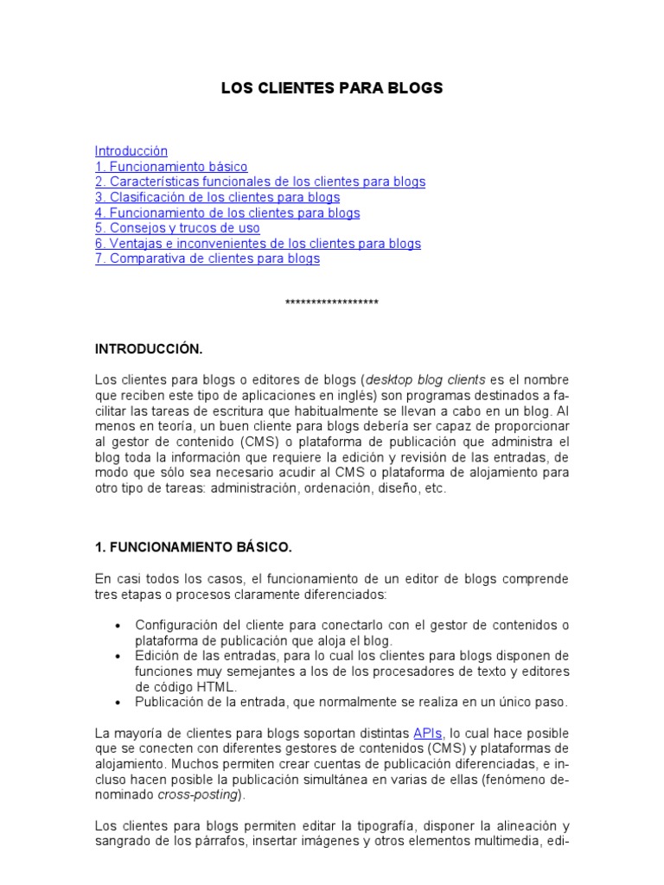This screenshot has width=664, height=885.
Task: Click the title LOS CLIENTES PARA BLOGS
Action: [x=332, y=88]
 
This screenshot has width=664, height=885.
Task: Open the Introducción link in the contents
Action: [x=131, y=151]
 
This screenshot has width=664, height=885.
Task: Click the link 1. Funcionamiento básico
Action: [x=171, y=167]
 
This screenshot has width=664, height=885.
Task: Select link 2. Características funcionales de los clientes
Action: [x=260, y=182]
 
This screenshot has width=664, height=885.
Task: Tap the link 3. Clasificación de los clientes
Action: [x=217, y=198]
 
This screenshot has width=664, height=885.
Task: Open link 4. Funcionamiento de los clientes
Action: [x=227, y=213]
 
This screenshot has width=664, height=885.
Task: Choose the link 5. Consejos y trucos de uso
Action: [x=177, y=229]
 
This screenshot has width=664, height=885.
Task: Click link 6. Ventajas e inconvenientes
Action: [x=258, y=245]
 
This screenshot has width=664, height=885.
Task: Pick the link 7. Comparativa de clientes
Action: [x=207, y=259]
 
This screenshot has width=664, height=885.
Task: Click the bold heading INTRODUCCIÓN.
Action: [x=148, y=349]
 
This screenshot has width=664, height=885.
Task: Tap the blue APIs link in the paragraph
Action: [x=428, y=734]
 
